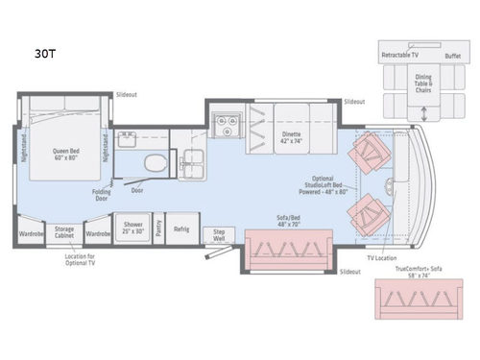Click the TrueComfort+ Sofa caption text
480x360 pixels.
point(420,272)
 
